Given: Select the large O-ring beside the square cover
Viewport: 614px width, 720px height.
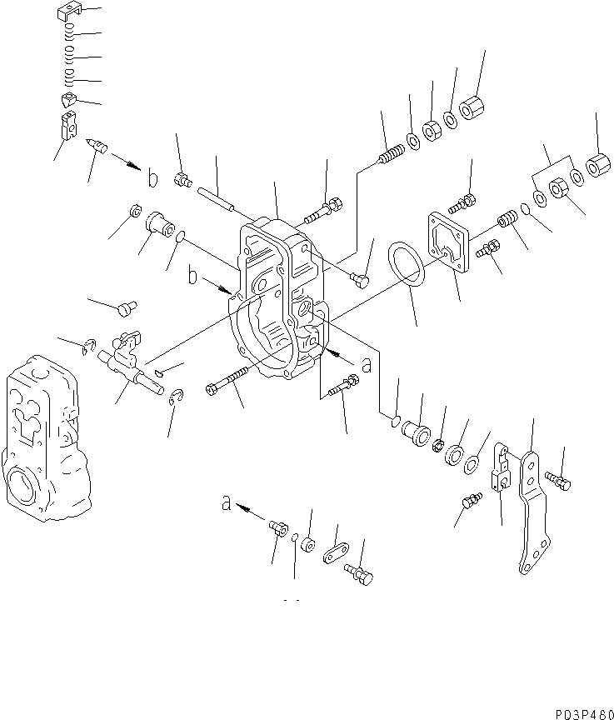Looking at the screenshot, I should (407, 266).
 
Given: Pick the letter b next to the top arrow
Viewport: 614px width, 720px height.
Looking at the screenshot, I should (152, 178).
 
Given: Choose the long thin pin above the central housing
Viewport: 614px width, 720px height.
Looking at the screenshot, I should (218, 200).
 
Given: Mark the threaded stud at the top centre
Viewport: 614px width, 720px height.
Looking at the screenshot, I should (390, 156).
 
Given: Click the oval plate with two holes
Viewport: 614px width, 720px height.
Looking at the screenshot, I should (337, 555).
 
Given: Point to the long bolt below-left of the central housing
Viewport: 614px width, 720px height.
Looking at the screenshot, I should (226, 381).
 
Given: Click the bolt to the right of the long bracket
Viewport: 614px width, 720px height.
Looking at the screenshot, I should (558, 480).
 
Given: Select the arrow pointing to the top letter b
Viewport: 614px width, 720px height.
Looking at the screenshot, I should (122, 162).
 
